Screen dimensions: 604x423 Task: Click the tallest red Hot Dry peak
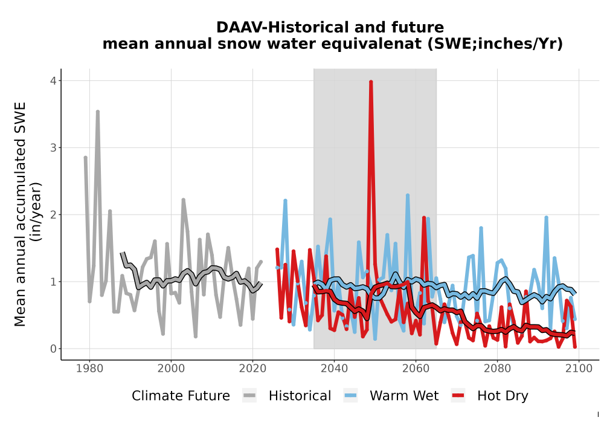(371, 82)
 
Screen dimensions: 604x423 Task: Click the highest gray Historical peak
(98, 112)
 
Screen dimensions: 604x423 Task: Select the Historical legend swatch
(249, 395)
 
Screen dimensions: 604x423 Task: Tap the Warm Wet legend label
(404, 396)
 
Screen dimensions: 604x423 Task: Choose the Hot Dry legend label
(503, 396)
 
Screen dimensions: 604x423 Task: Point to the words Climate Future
(181, 396)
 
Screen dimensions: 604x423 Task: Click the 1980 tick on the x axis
(90, 369)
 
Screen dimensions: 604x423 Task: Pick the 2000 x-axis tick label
(171, 369)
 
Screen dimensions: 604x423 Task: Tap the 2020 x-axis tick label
(252, 369)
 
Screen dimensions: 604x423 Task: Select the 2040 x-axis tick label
(334, 369)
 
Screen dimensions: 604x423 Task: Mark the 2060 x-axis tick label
(416, 369)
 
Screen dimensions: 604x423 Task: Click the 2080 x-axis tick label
(497, 369)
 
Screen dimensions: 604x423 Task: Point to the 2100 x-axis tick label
(579, 369)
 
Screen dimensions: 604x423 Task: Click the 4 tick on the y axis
(53, 81)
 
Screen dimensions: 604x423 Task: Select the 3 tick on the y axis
(53, 148)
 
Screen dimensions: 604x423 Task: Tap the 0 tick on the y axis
(53, 349)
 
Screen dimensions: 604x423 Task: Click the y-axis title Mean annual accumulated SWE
(20, 214)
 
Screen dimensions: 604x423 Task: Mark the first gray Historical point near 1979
(86, 158)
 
